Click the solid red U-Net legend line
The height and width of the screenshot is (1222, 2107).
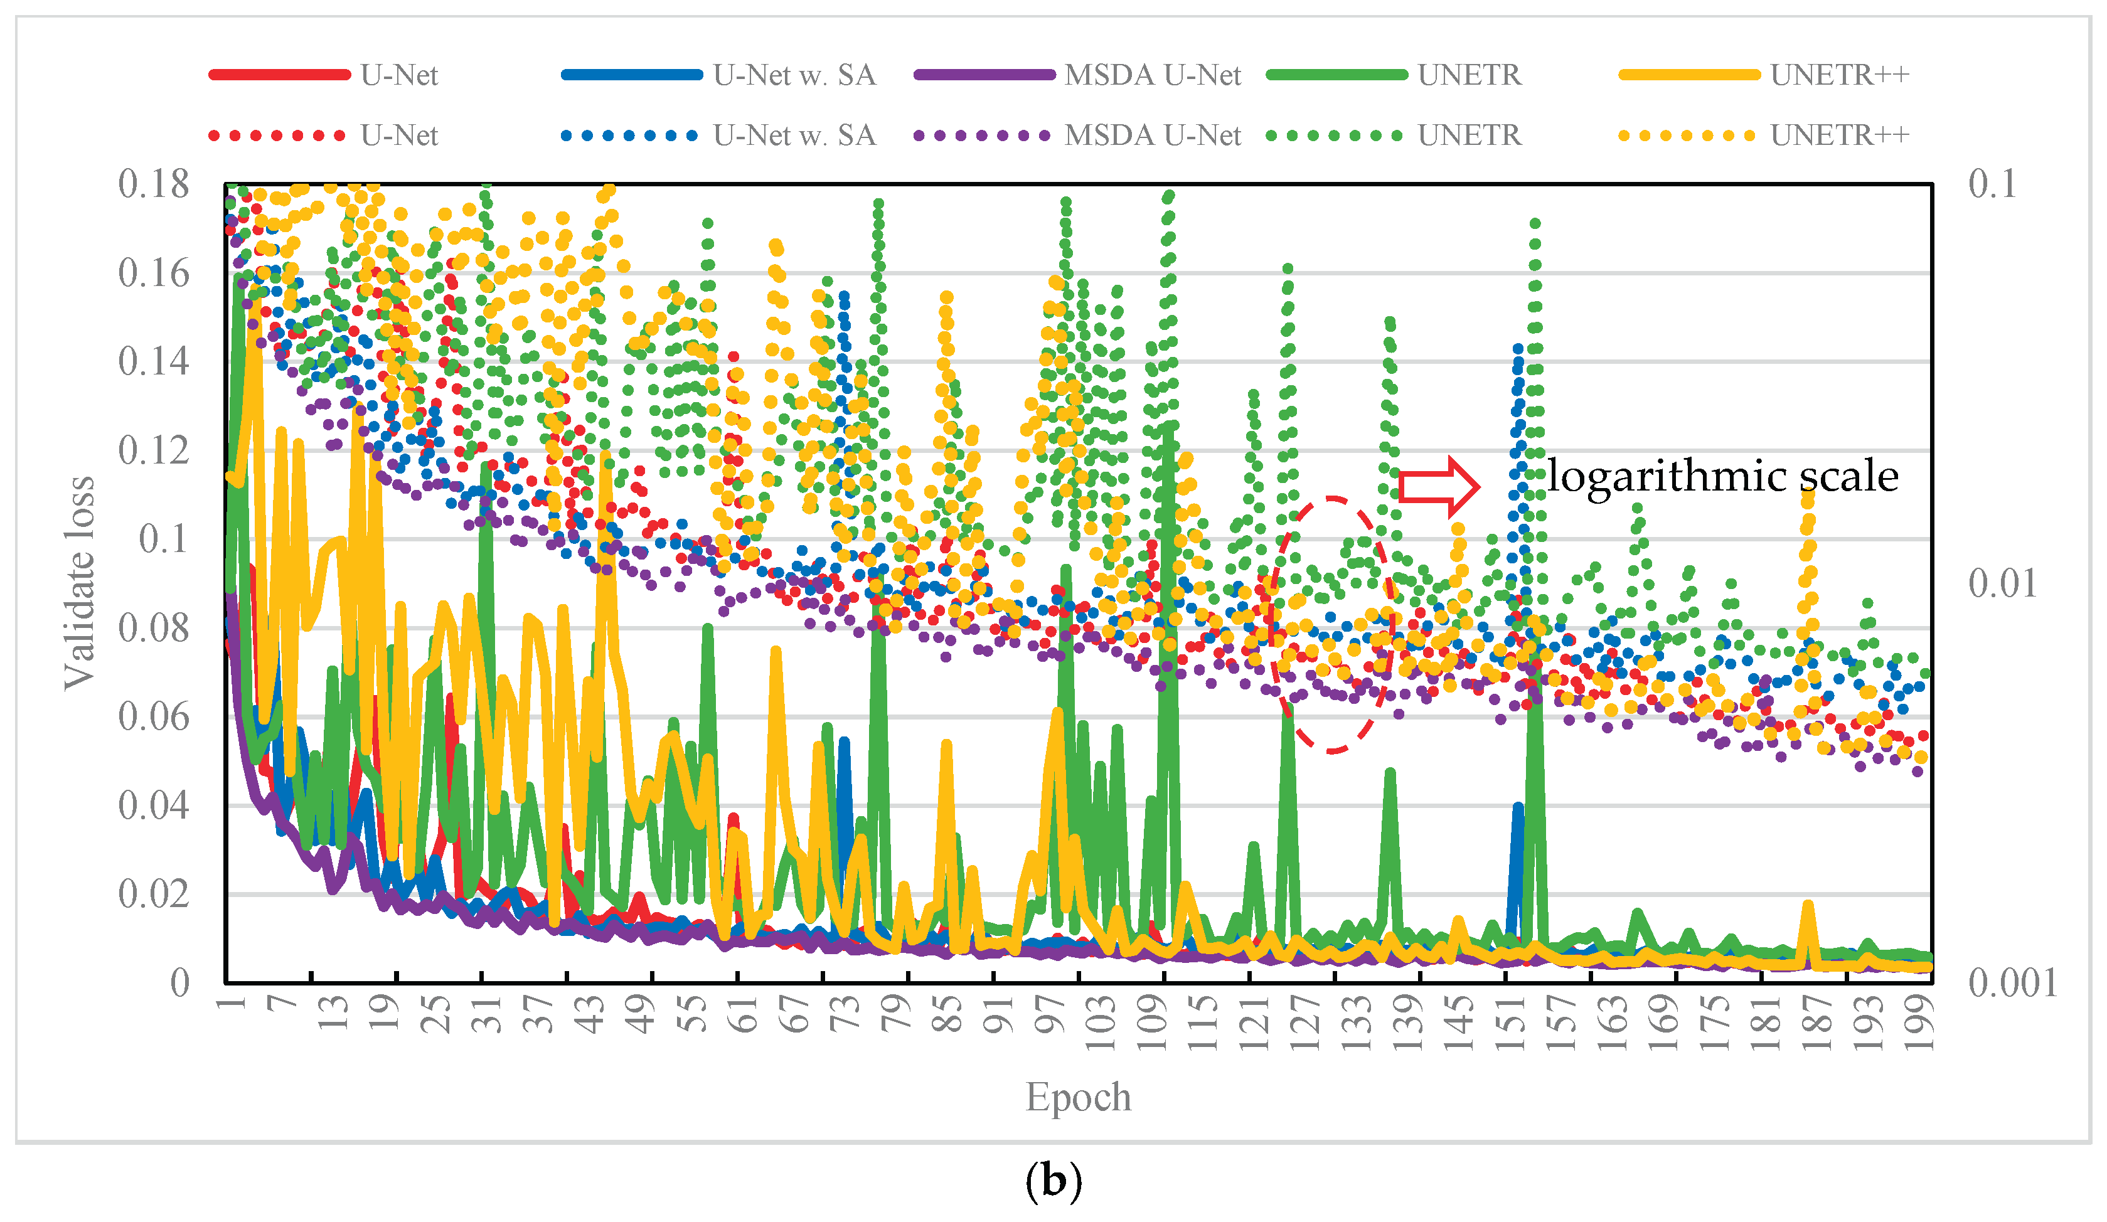coord(279,75)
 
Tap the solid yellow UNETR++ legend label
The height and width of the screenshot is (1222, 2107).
coord(1840,75)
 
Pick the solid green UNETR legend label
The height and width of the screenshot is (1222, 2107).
coord(1469,75)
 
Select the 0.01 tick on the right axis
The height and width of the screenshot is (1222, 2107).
coord(2002,583)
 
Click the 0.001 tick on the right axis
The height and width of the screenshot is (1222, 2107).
coord(2012,983)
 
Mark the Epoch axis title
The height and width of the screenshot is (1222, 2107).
coord(1078,1097)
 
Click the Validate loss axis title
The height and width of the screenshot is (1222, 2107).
coord(80,583)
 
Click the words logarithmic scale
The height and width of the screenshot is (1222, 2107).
coord(1722,476)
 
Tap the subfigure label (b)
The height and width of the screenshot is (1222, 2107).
coord(1053,1181)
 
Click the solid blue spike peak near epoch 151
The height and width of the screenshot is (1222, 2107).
coord(1518,807)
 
